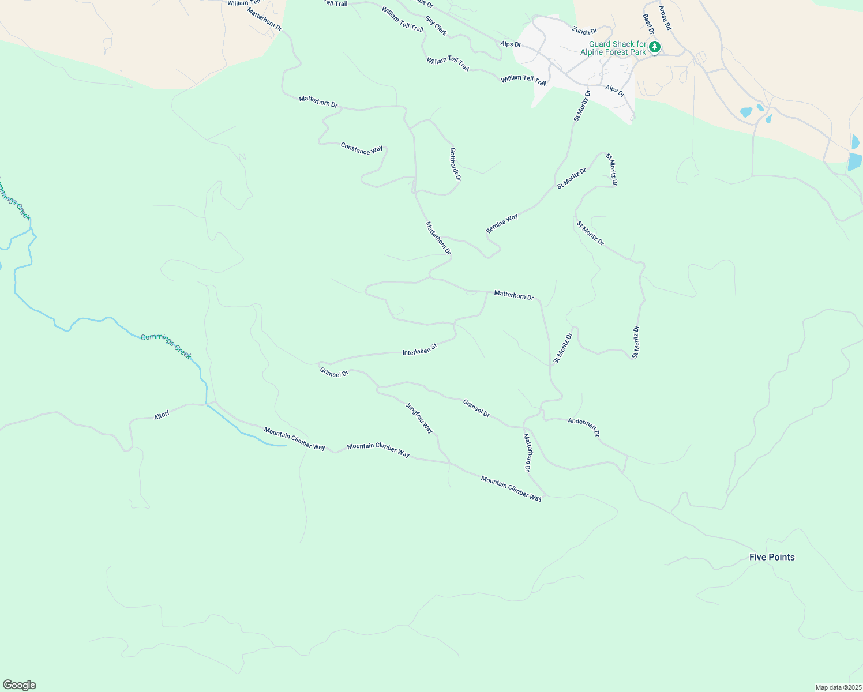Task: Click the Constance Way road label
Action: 362,149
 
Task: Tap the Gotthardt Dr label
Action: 455,164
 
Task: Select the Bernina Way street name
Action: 502,224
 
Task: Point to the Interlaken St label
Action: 420,349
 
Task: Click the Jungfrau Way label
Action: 419,418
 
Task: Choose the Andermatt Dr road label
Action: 584,427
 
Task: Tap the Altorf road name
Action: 162,415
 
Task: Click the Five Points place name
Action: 772,557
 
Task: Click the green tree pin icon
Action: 655,47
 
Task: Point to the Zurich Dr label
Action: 584,31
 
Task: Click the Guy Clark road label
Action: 436,26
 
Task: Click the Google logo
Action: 19,685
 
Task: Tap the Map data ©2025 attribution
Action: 838,687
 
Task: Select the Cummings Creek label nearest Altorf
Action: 166,346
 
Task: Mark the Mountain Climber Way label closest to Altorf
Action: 294,439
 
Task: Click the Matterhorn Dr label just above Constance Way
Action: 318,101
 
